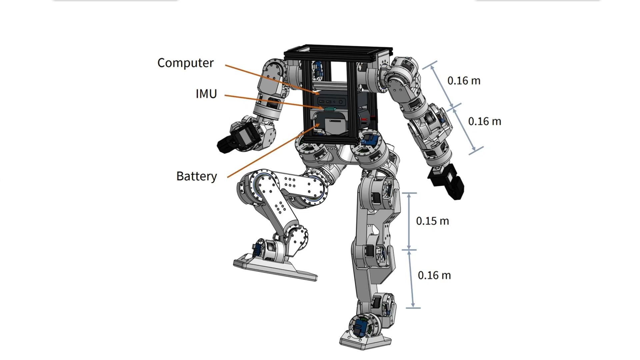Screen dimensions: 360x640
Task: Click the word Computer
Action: point(185,63)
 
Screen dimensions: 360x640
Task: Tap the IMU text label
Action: point(206,94)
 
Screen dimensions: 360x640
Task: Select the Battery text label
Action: point(196,176)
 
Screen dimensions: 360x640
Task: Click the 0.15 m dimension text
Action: point(432,221)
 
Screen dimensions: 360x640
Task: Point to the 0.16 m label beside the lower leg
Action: point(434,275)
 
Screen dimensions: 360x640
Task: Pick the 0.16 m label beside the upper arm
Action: point(464,81)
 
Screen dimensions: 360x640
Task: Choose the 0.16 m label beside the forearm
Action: point(484,121)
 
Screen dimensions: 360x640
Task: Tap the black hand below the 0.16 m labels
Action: point(447,182)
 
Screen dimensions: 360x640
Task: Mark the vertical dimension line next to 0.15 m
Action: point(409,221)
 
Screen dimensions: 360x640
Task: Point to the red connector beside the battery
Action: point(365,119)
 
